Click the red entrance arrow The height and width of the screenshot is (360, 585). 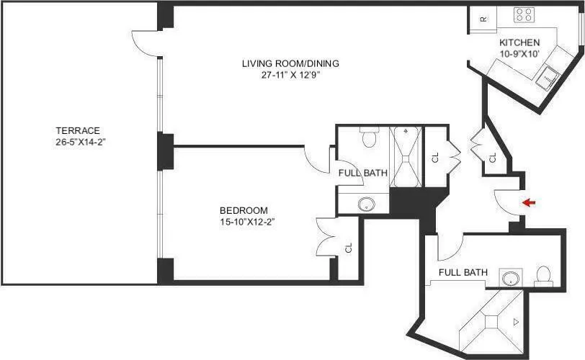point(529,203)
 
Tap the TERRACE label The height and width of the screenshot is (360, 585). point(77,130)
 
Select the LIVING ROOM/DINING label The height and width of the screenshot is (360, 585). point(290,63)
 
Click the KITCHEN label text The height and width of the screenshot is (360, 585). point(519,42)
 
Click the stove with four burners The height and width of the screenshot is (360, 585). point(523,14)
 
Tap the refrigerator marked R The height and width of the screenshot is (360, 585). point(483,19)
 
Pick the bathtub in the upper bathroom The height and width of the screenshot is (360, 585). point(406,156)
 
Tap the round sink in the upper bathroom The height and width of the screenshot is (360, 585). point(367,203)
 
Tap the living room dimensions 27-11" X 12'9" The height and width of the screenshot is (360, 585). point(290,75)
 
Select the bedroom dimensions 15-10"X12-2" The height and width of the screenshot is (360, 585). point(247,222)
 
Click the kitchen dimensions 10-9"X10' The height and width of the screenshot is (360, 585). point(519,53)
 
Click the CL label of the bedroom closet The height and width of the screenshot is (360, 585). point(349,248)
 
